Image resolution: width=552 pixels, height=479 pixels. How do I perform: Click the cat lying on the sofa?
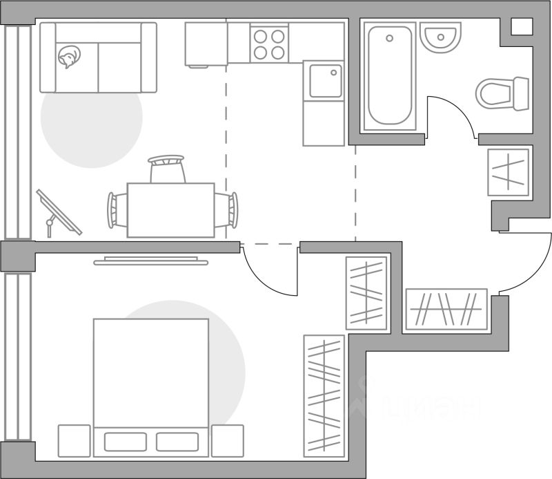pos(69,56)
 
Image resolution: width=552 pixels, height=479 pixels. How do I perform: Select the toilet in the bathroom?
pos(502,93)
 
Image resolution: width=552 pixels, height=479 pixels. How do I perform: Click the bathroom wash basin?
pos(440,38)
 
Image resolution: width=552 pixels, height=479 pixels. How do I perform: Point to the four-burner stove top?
pos(268,44)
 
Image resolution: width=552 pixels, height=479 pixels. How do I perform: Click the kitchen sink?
pos(324,81)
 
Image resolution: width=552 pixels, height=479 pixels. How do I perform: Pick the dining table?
pos(170,209)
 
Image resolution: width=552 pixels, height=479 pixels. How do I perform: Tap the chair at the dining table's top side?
pos(167,168)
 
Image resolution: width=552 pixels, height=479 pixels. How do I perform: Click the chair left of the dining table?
pos(116,209)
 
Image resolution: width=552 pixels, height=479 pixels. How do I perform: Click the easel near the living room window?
pos(58,214)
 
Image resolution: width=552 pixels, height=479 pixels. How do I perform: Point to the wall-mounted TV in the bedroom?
pos(150,261)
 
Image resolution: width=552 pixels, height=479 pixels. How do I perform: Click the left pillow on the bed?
pos(125,442)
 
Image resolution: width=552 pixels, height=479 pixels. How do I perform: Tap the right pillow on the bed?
pos(177,442)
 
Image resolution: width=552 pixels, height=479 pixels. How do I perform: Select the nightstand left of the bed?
pos(75,440)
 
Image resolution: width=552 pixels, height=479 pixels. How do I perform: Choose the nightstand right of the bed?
pos(228,440)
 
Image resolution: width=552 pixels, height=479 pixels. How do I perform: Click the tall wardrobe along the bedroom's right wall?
pos(324,394)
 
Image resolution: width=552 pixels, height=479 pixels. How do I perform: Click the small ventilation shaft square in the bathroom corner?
pos(522,26)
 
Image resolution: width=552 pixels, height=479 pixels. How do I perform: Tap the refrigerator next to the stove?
pos(206,44)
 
